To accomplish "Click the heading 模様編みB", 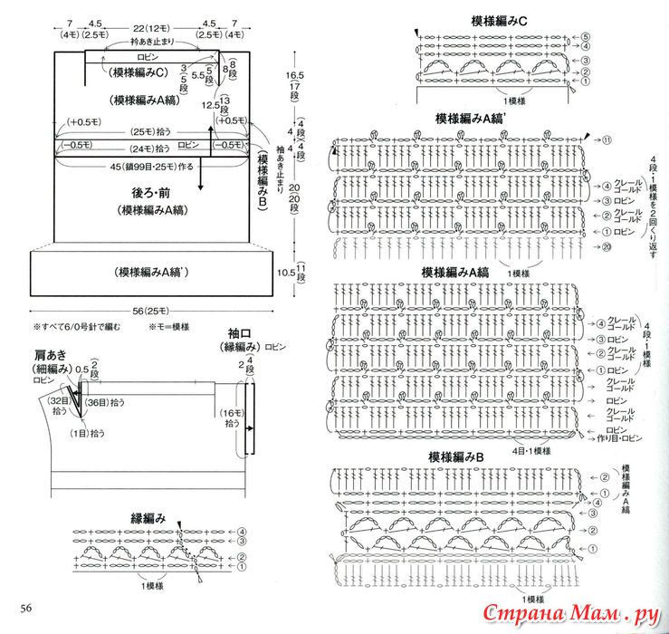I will pyautogui.click(x=457, y=458).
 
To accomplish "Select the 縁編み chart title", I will pyautogui.click(x=148, y=518).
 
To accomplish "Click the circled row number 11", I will pyautogui.click(x=607, y=139).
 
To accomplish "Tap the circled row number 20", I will pyautogui.click(x=606, y=247).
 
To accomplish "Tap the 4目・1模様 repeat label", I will pyautogui.click(x=530, y=450).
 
